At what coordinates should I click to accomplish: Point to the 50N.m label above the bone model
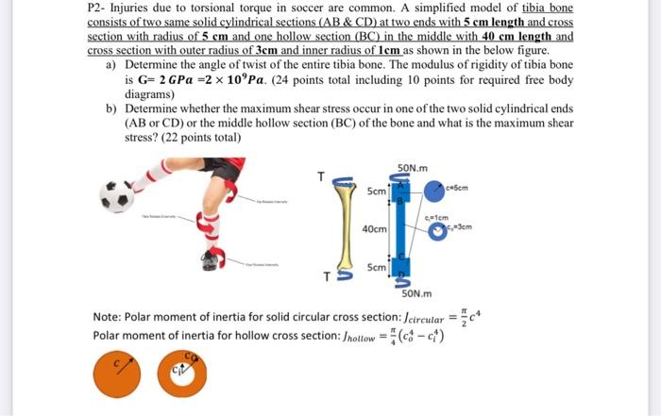point(414,167)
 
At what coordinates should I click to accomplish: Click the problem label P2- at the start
point(98,8)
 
